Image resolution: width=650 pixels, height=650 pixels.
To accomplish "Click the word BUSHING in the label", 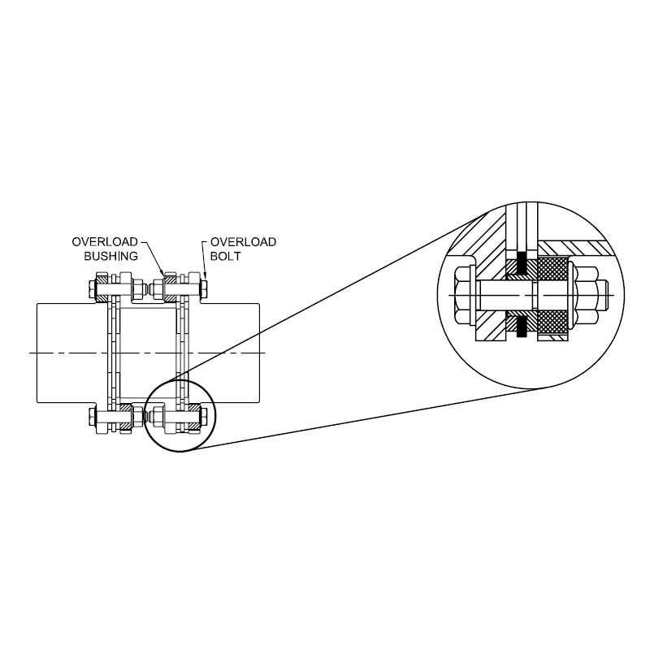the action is coord(110,256).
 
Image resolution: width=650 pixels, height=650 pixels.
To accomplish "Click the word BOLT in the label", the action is coord(226,256).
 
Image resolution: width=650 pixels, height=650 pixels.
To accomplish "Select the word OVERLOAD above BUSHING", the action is coord(105,242).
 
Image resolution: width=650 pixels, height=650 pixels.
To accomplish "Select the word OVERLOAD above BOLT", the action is coord(243,242).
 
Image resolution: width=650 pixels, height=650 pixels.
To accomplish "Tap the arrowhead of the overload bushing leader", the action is coord(163,274).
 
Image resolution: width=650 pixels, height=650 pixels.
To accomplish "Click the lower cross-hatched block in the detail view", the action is coord(552,322).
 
